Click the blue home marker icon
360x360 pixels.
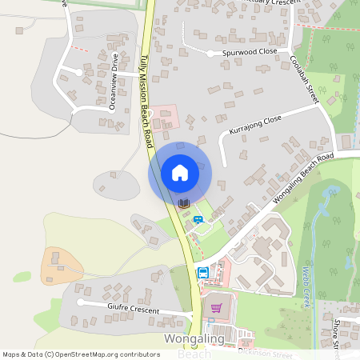[x=179, y=173]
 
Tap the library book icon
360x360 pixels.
[x=184, y=203]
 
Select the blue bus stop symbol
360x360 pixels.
[x=203, y=272]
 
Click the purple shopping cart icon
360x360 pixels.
[x=215, y=307]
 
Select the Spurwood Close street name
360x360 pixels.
[x=254, y=51]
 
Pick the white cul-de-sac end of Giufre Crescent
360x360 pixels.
[x=80, y=304]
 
